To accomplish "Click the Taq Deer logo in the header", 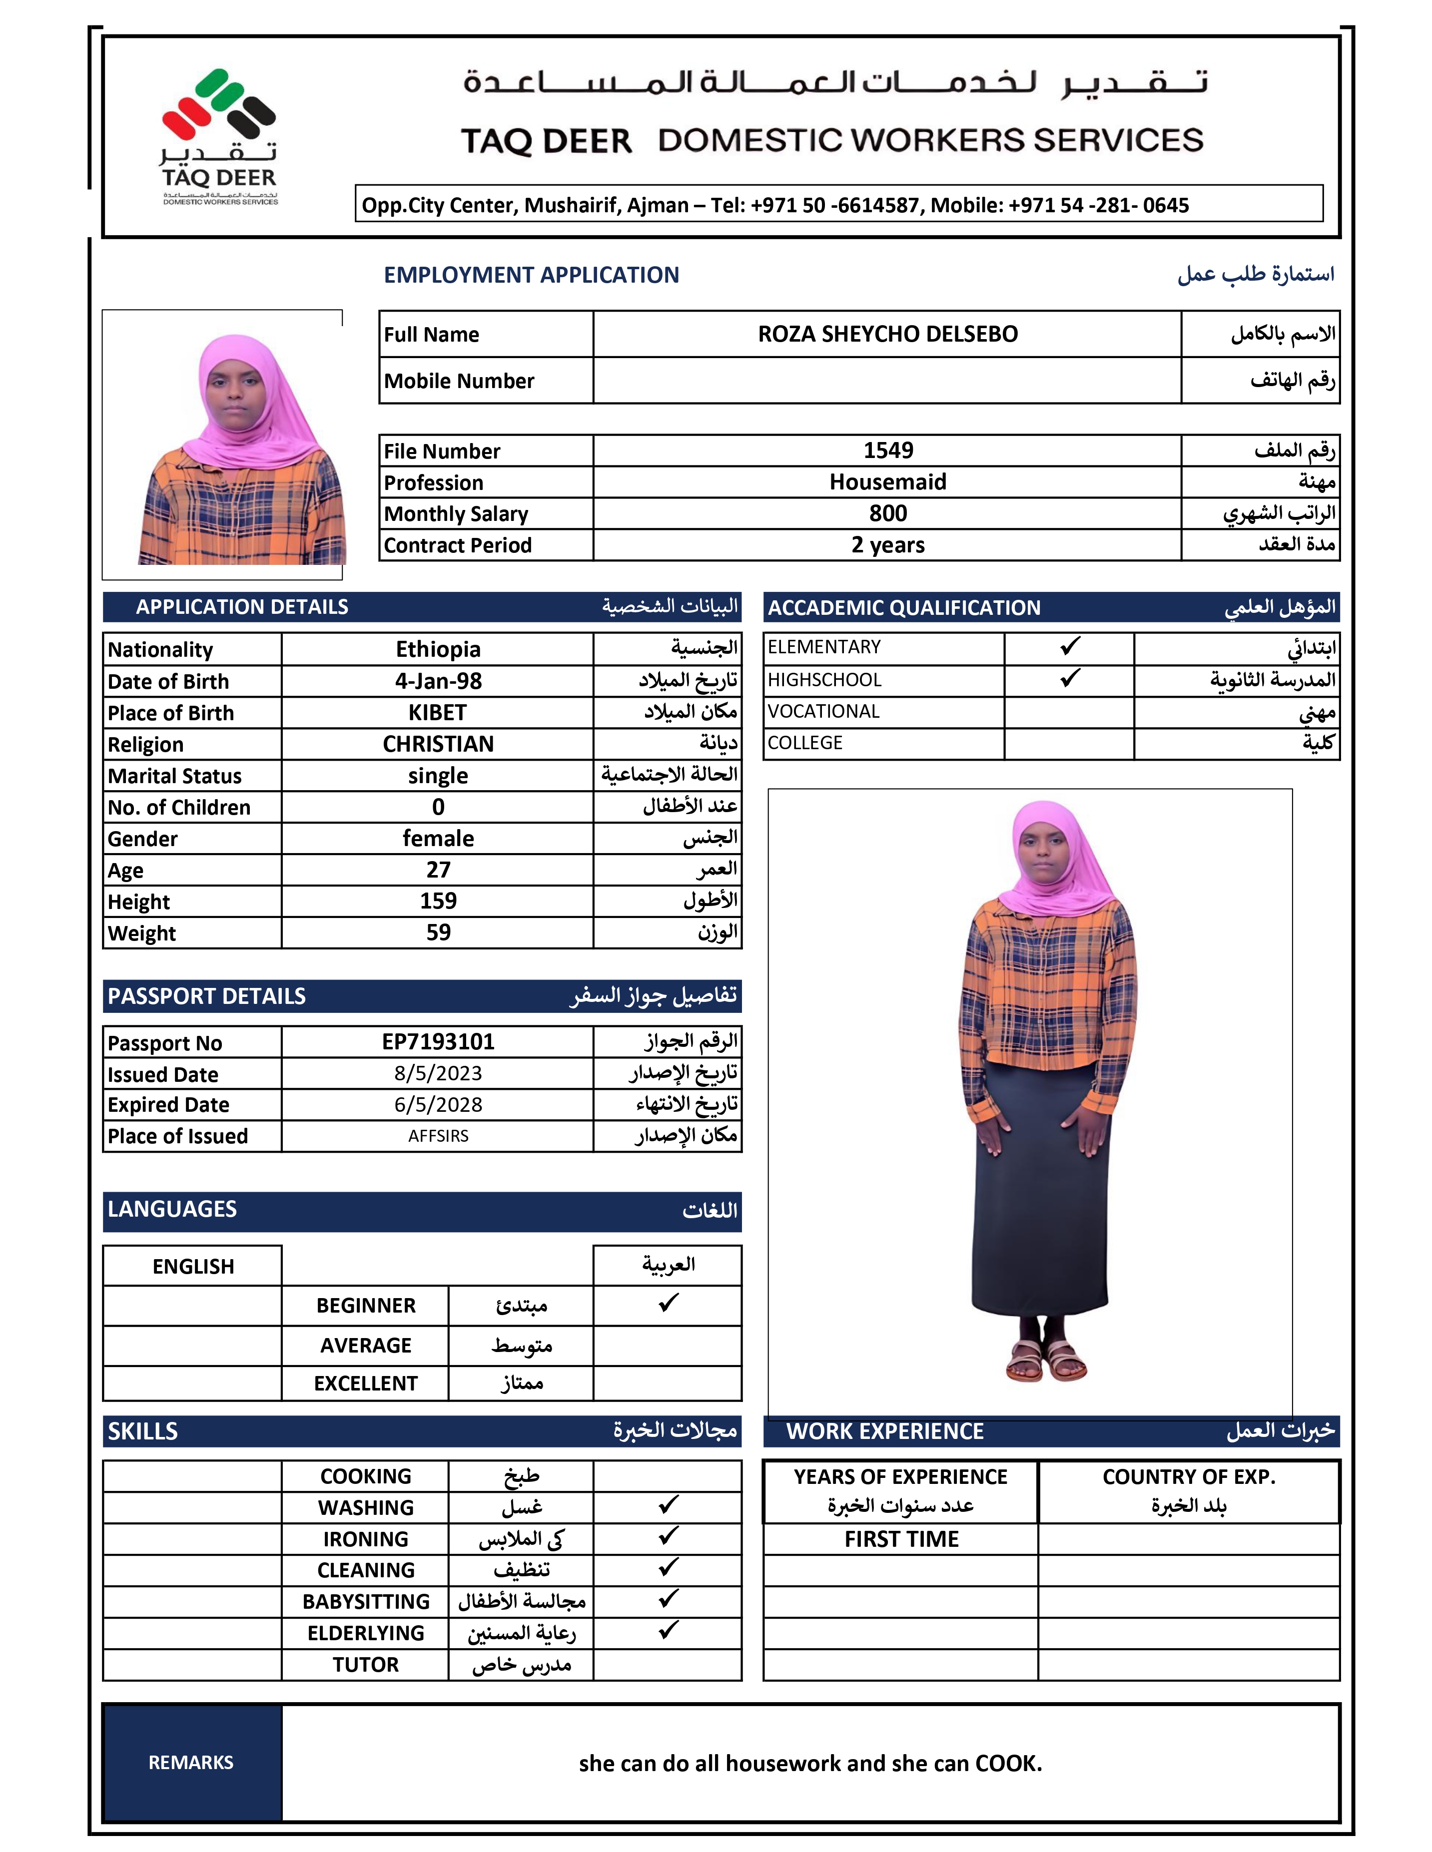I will tap(219, 136).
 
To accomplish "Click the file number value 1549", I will tap(887, 451).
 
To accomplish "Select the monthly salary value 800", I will tap(887, 513).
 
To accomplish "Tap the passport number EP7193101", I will tap(438, 1041).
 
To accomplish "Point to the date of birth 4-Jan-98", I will tap(438, 681).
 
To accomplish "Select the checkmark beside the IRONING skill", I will tap(669, 1536).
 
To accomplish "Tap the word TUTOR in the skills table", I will tap(366, 1665).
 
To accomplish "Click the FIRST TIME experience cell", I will tap(901, 1539).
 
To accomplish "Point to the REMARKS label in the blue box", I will tap(191, 1762).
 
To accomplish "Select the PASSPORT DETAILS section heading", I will tap(206, 996).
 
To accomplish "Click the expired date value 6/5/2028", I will tap(438, 1104).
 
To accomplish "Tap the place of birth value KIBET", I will tap(438, 712).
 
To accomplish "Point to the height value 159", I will tap(438, 901).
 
